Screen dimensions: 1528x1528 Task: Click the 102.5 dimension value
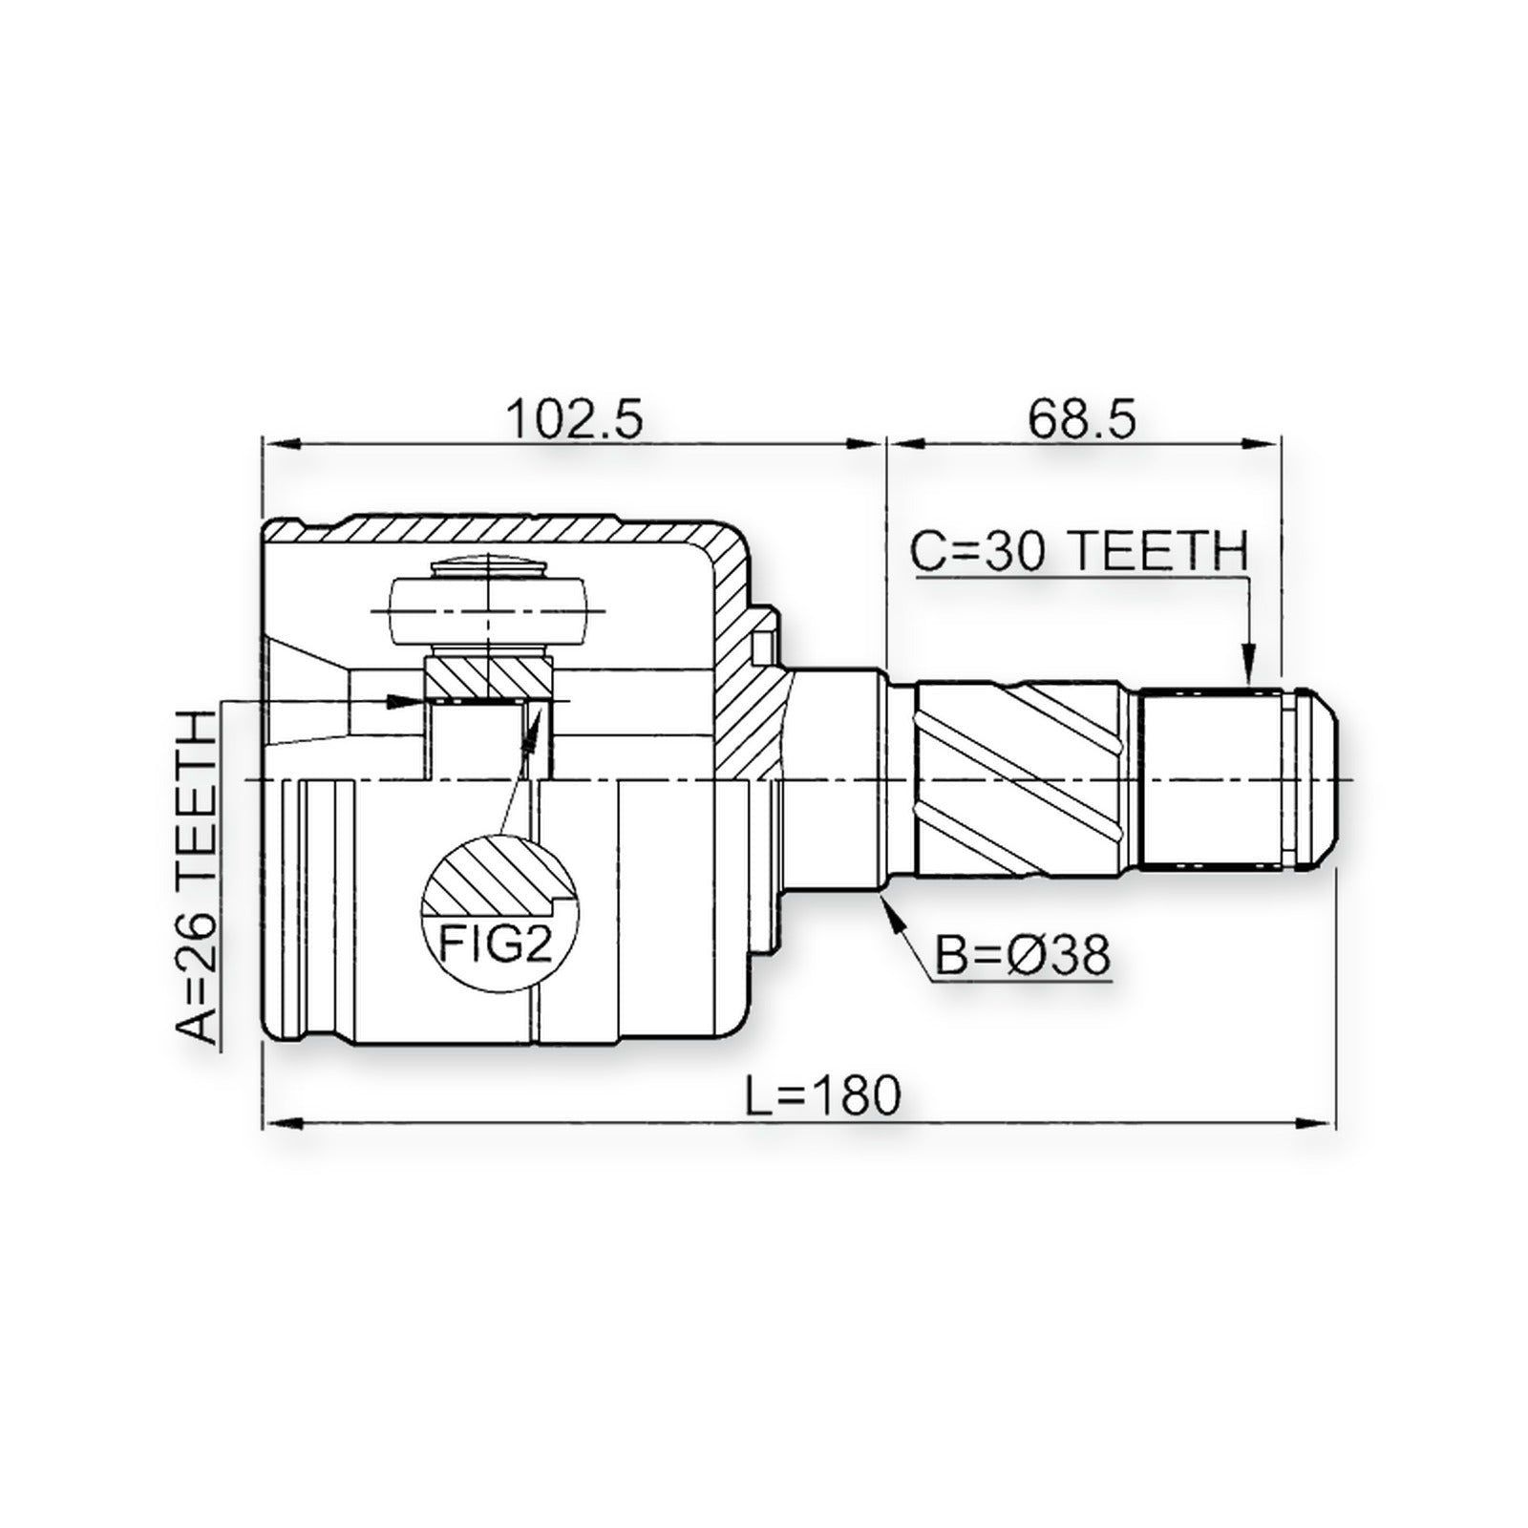click(x=575, y=419)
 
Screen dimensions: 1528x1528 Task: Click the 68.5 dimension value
click(x=1082, y=419)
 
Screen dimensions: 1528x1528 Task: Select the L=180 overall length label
click(x=823, y=1095)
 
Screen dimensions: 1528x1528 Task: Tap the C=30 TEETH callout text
click(x=1080, y=551)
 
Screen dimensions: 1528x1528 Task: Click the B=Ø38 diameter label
click(x=1023, y=954)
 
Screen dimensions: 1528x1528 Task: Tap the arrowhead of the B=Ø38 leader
click(x=894, y=911)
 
